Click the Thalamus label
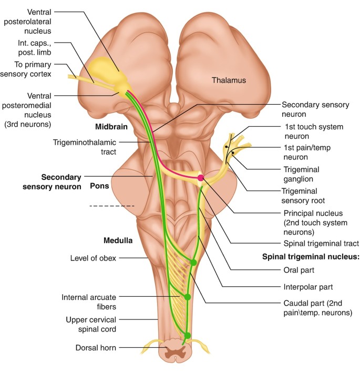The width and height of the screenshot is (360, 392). [x=229, y=81]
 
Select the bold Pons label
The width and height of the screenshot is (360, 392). [x=99, y=186]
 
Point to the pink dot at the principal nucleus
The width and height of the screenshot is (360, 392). [x=200, y=178]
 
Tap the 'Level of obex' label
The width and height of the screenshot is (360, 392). [x=93, y=258]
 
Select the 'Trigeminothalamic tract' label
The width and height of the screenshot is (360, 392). [x=84, y=147]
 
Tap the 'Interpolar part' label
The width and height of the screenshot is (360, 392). [x=307, y=287]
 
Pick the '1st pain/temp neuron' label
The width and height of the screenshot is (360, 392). [x=310, y=152]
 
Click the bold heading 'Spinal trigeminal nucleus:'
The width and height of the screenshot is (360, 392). [x=311, y=257]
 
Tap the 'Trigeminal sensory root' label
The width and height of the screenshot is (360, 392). [x=303, y=196]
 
